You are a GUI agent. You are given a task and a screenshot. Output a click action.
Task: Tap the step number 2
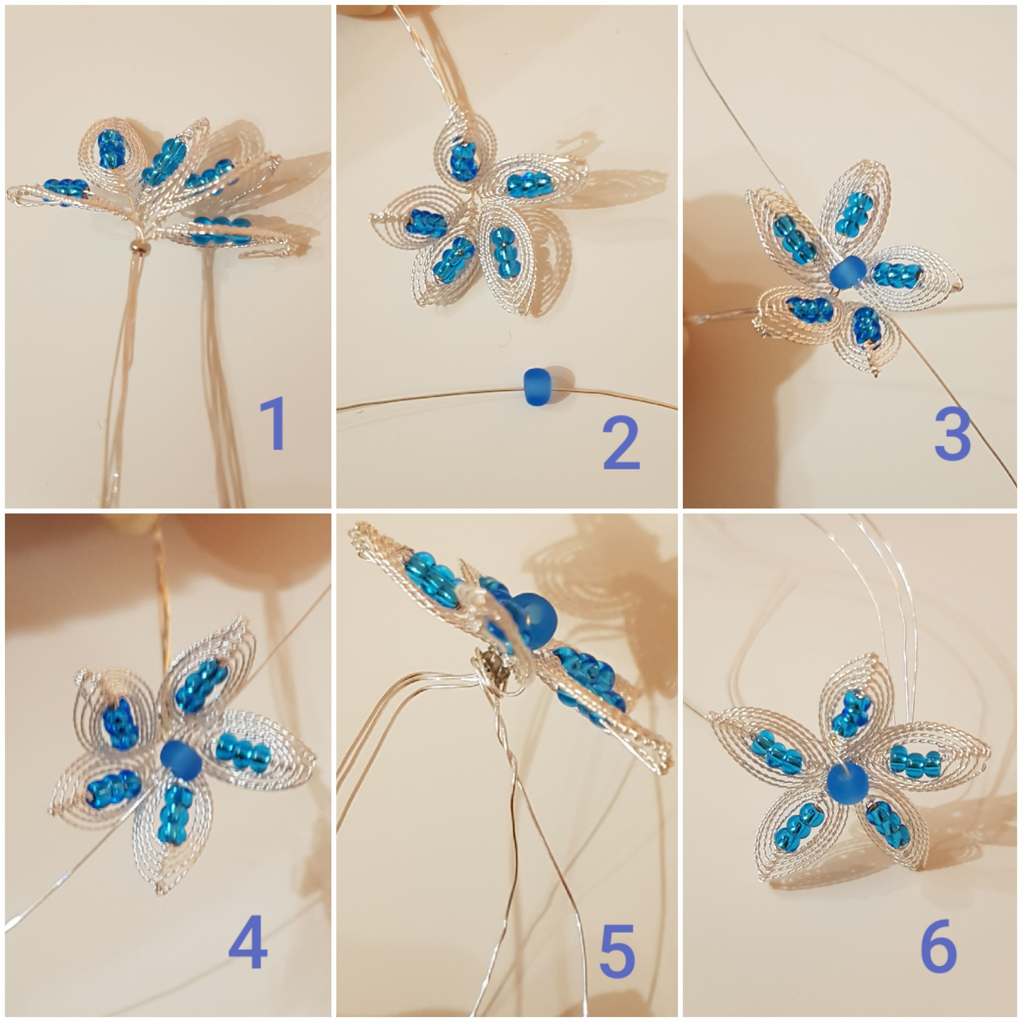[x=621, y=443]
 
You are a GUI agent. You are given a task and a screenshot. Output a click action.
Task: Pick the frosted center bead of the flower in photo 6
[x=848, y=784]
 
